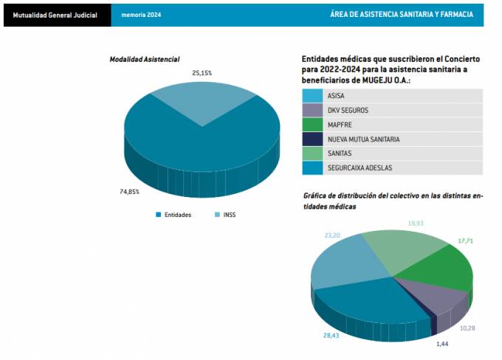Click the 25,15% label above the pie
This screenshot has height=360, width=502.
[202, 73]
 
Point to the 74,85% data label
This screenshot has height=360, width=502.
[129, 192]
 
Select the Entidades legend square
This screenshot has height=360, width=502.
[159, 215]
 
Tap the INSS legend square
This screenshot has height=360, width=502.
[217, 215]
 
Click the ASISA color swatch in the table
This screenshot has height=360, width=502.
[312, 96]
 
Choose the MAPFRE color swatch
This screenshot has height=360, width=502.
[312, 125]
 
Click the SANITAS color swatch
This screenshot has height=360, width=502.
[312, 153]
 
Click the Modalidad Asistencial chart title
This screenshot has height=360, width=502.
[145, 59]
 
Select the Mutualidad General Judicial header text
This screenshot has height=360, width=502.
[55, 15]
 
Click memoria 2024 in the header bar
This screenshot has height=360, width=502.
[141, 15]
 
